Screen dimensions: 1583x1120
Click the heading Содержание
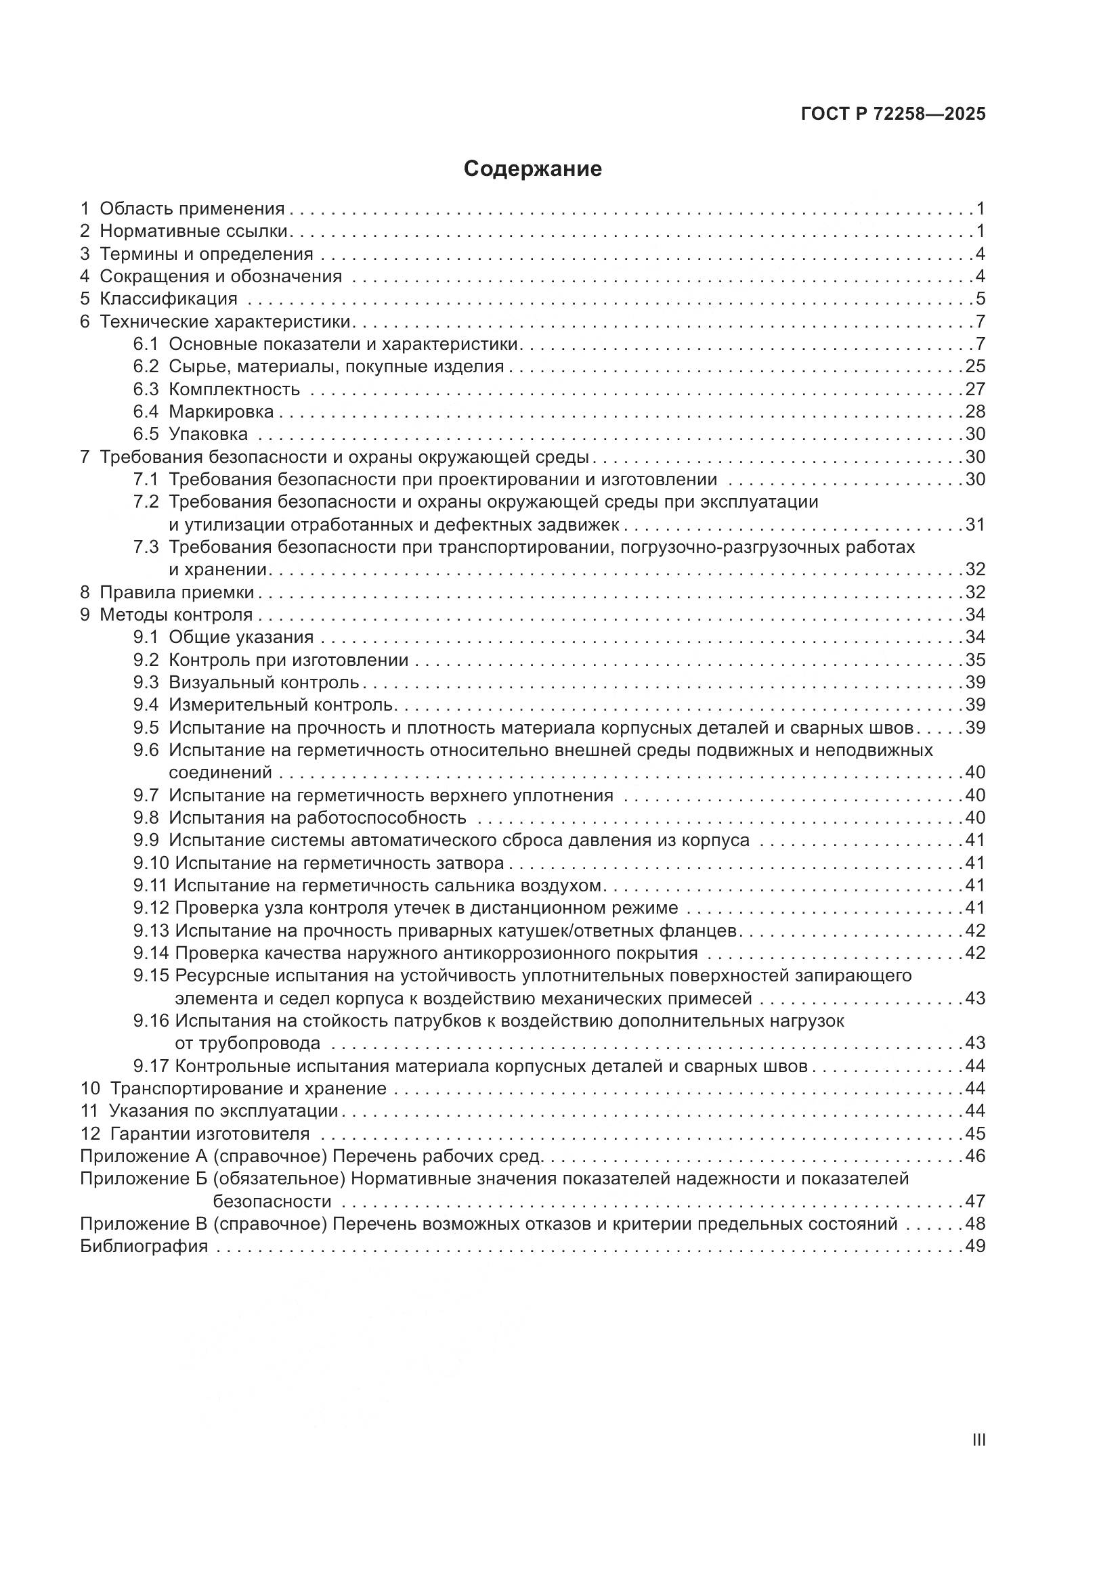click(x=532, y=169)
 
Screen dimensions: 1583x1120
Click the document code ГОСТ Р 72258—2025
click(x=893, y=114)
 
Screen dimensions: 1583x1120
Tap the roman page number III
click(x=978, y=1440)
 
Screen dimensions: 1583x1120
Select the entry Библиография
click(x=144, y=1247)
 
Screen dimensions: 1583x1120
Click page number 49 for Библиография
click(x=975, y=1247)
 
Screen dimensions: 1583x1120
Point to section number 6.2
click(x=146, y=366)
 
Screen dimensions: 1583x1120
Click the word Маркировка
click(x=221, y=411)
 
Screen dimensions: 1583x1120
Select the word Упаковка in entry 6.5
click(x=209, y=434)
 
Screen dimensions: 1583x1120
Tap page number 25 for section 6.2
click(x=975, y=366)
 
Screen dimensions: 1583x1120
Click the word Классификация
click(x=169, y=299)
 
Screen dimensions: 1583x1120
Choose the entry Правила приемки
click(x=177, y=592)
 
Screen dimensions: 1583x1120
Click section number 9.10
click(x=151, y=863)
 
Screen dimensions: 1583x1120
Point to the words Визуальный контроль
click(x=264, y=683)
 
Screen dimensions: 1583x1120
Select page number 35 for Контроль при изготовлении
click(x=975, y=660)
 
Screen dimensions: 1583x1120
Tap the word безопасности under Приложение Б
click(x=272, y=1202)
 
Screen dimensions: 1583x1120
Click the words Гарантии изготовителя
click(x=210, y=1134)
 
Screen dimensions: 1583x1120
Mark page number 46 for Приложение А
click(x=975, y=1156)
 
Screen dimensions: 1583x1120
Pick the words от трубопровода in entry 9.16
click(x=247, y=1043)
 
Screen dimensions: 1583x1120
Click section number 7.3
click(x=146, y=548)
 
